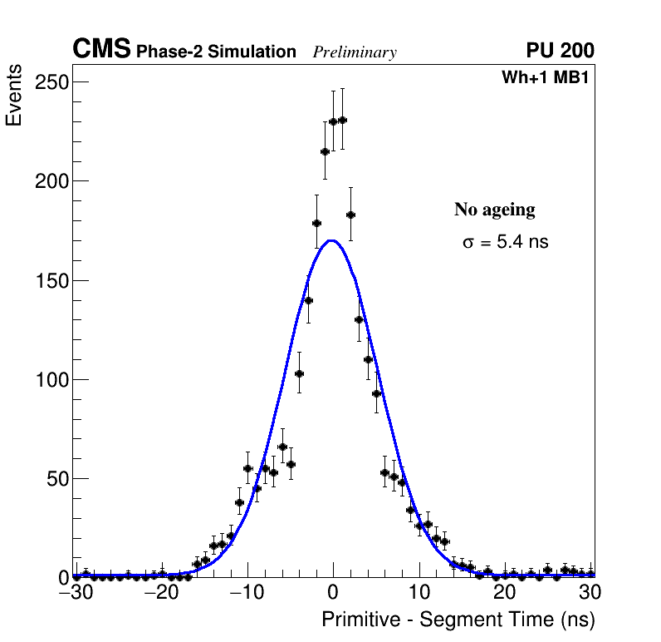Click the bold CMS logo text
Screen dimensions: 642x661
pos(101,50)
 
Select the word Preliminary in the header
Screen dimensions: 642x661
pos(355,52)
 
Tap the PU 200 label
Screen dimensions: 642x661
pos(560,51)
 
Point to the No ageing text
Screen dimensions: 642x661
pos(494,210)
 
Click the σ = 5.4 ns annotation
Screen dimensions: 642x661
pos(505,243)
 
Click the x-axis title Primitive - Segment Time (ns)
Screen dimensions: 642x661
pos(458,620)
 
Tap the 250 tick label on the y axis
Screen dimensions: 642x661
pos(51,81)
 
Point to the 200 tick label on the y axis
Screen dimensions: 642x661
pos(51,180)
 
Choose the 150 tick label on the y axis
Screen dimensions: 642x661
pos(51,280)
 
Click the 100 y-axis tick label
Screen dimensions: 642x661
pos(51,379)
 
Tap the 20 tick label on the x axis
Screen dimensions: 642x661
pos(505,592)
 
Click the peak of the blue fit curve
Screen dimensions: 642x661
pos(332,241)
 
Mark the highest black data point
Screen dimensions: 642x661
pos(342,120)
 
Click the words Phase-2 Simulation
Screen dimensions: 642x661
pos(216,52)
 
